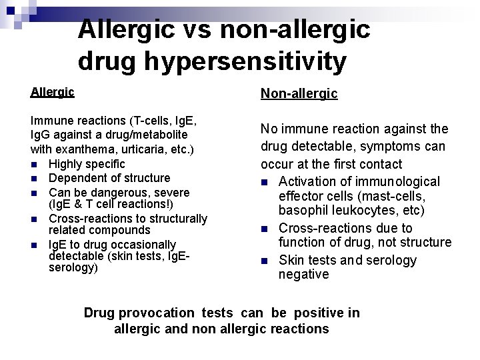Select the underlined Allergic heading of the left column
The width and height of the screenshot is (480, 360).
(53, 92)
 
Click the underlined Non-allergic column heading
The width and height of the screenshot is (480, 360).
(299, 94)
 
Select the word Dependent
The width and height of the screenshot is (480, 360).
(76, 178)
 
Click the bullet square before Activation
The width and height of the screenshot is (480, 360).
(265, 182)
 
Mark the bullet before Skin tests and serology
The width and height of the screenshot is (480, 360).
(265, 261)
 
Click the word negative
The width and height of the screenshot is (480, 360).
(303, 274)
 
